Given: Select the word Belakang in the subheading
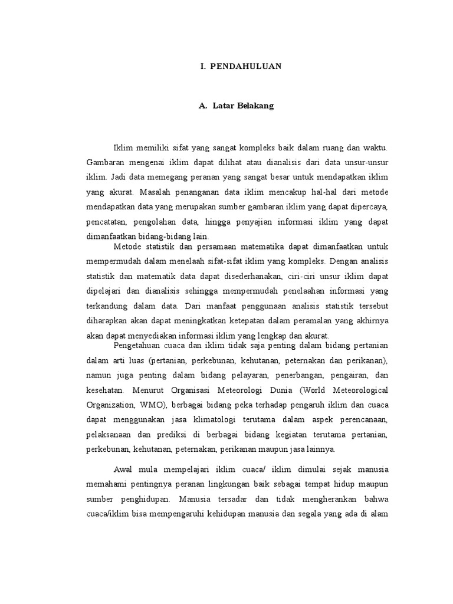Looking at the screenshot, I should (254, 107).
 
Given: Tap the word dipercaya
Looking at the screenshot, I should (367, 207).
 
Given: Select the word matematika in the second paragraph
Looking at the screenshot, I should (234, 246).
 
